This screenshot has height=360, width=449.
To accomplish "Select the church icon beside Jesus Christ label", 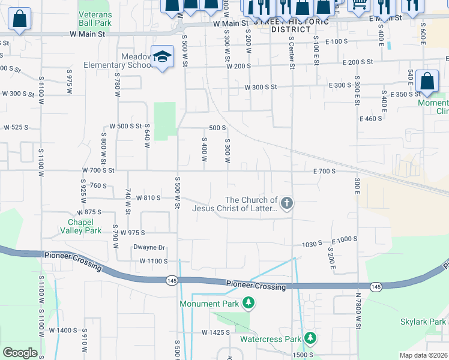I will pos(287,203).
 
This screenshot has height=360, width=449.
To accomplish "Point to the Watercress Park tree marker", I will pos(310,338).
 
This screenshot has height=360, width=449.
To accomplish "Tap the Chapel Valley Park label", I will pos(80,226).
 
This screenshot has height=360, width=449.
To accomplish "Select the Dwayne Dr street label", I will pos(149,247).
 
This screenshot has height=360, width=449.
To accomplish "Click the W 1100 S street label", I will pos(153,261).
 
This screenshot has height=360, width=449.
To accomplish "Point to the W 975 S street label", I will pos(134,233).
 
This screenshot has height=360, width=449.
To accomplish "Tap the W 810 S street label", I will pos(148,197).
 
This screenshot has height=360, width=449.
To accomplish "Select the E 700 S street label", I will pos(324,172).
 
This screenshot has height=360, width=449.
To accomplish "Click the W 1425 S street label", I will pos(216,332).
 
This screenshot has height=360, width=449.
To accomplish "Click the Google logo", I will pos(20,353).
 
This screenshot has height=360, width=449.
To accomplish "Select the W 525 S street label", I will pos(16,127).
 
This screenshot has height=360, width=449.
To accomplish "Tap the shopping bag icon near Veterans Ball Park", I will pos(20,19).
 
